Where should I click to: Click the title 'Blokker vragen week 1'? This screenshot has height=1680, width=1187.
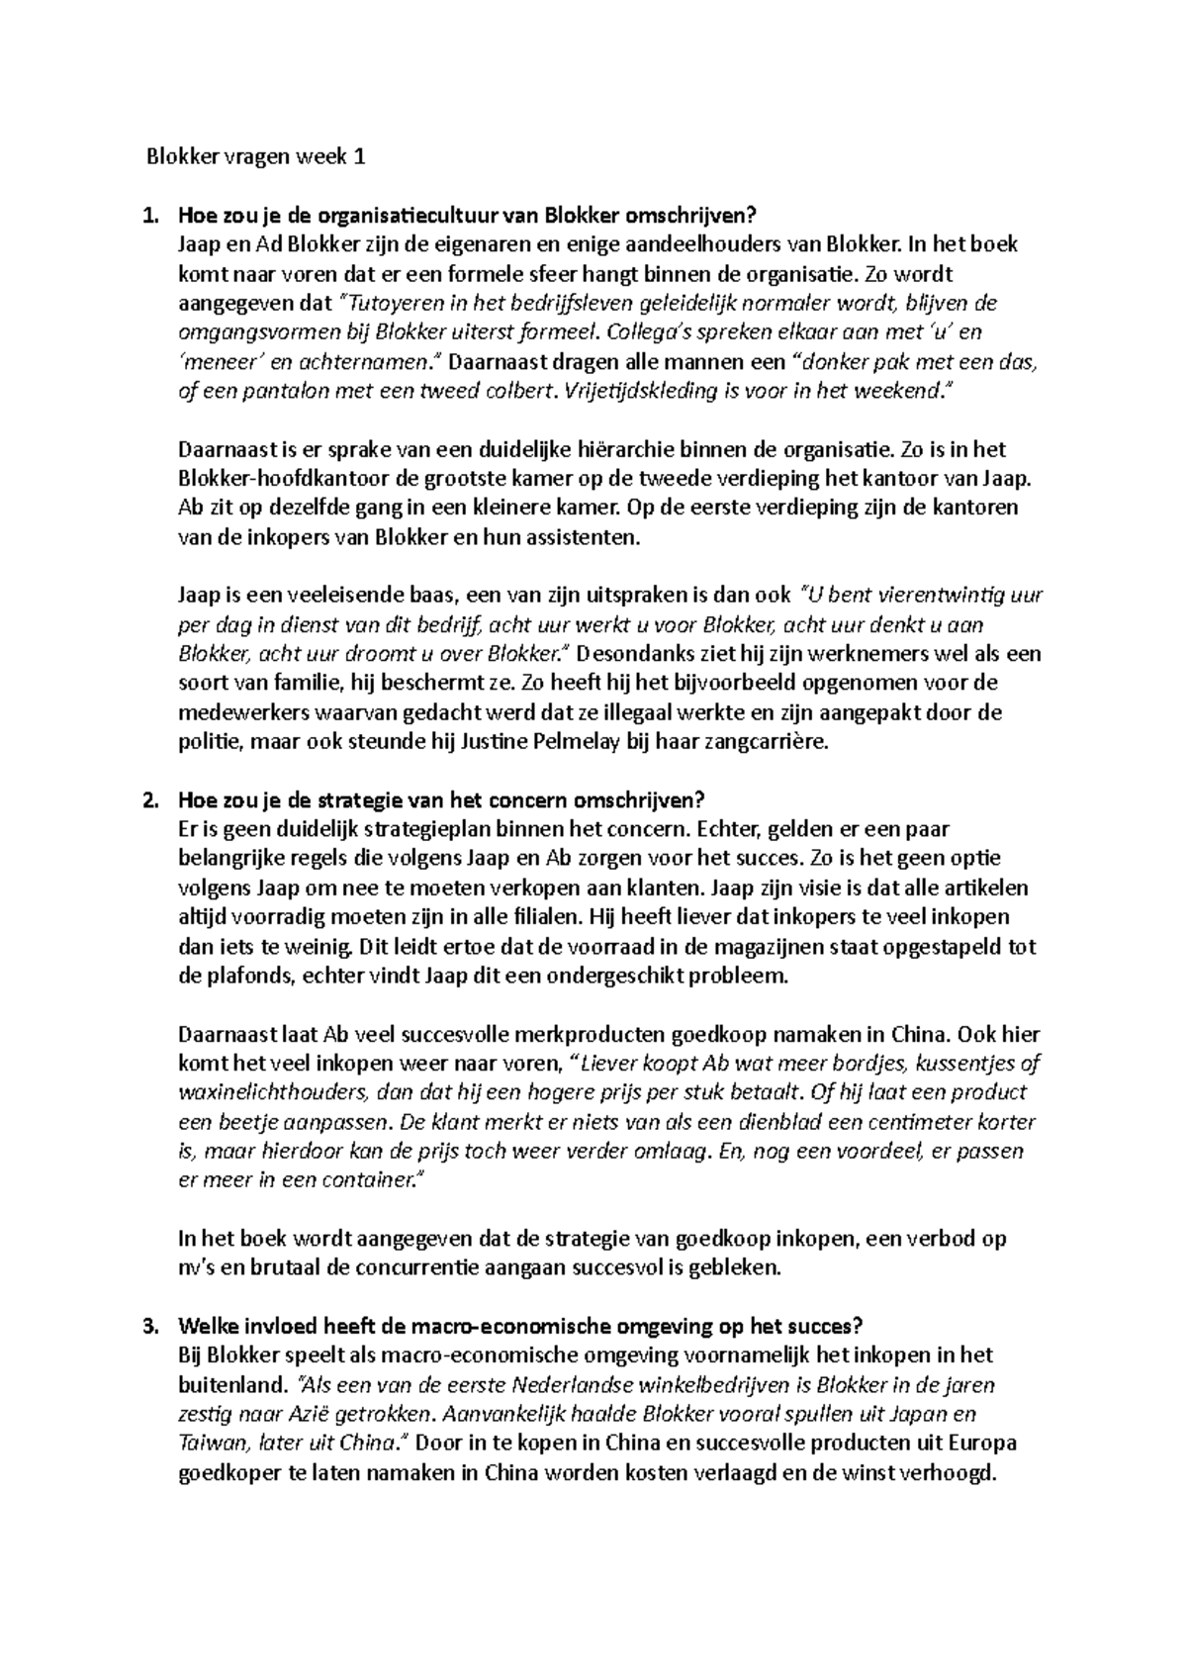tap(256, 156)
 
